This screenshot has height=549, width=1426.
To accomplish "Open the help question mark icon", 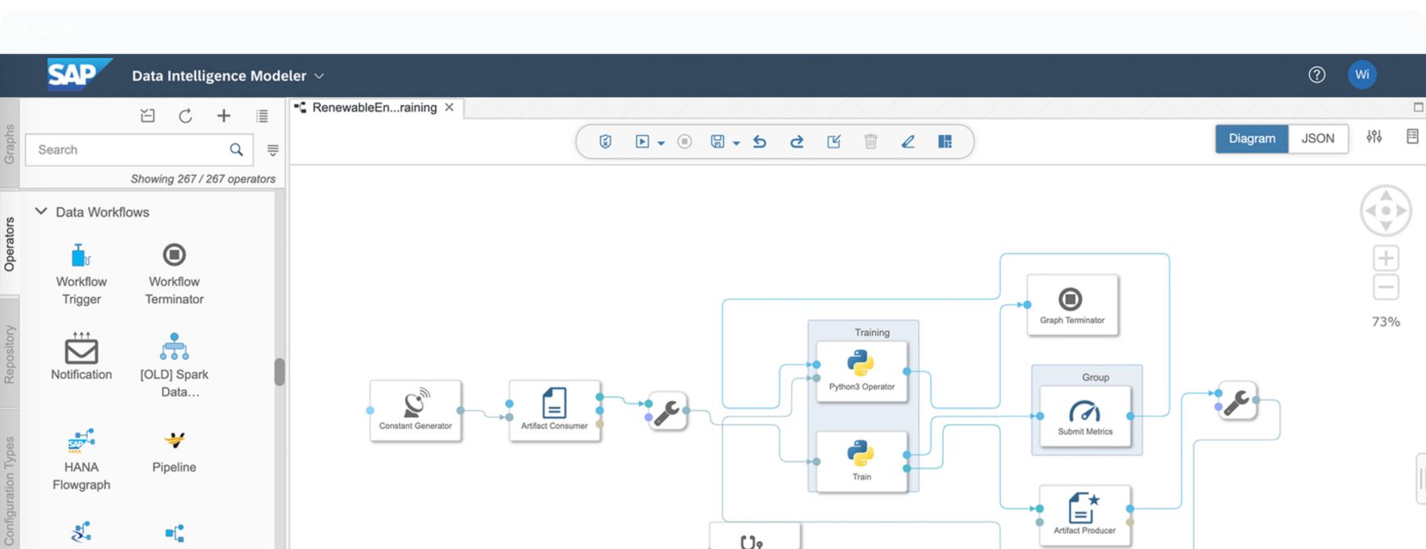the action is click(1317, 75).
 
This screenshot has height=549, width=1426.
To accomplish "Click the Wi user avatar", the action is click(1362, 75).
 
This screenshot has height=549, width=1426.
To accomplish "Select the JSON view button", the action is click(1318, 138).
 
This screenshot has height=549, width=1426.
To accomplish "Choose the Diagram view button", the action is click(1252, 138).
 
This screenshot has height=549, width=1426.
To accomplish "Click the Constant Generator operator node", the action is click(416, 411).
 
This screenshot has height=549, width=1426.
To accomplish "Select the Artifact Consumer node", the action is click(555, 411).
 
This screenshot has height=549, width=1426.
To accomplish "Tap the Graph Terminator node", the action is click(1072, 304).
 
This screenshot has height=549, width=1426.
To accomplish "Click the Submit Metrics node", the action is click(1085, 417).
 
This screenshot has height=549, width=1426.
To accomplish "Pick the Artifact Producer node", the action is click(1085, 515).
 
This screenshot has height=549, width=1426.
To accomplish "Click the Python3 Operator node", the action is click(862, 371).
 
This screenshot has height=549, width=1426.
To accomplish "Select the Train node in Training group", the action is click(862, 462).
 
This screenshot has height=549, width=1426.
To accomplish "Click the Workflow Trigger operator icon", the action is click(81, 255).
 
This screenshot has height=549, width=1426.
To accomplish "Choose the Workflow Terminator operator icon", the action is click(174, 255).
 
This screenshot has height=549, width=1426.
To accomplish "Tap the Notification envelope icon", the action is click(82, 349).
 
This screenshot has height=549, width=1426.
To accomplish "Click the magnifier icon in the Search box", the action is click(236, 149).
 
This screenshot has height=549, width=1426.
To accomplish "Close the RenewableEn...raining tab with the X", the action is click(449, 107).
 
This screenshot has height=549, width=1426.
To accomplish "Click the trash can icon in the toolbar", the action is click(870, 141).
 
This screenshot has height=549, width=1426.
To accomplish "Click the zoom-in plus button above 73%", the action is click(1386, 258).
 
